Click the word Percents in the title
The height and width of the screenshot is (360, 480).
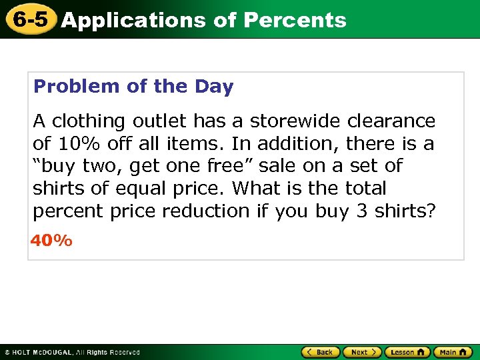(295, 20)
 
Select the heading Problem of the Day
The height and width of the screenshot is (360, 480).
(133, 87)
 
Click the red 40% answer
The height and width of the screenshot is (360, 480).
(51, 241)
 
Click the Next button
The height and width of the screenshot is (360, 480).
(363, 352)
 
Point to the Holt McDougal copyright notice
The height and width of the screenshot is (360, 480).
(72, 352)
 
